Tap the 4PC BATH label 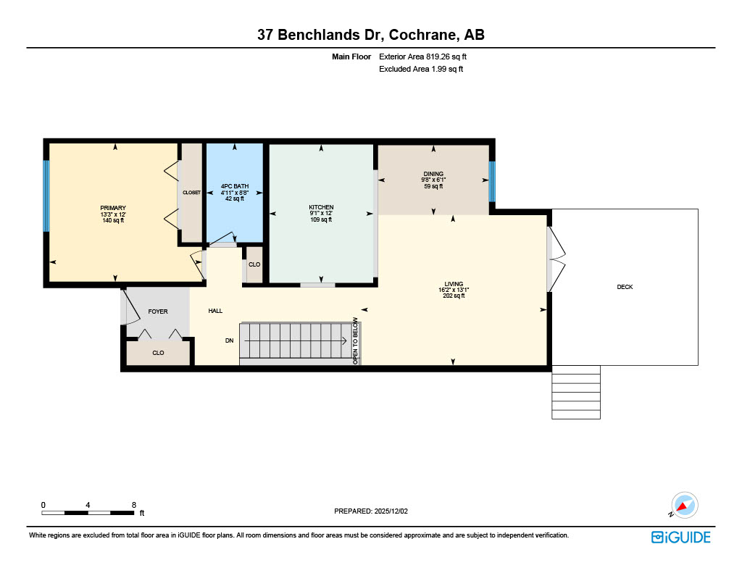pos(234,186)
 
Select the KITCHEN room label pos(320,207)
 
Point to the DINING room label pos(433,174)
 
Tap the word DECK pos(625,288)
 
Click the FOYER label pos(158,311)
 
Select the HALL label pos(215,311)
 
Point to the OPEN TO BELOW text pos(355,340)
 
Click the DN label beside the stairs pos(229,340)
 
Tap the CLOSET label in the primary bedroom pos(191,193)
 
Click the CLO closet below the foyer pos(158,353)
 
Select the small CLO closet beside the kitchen pos(254,264)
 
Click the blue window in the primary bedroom pos(46,196)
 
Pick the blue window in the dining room pos(491,182)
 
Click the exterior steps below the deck pos(576,392)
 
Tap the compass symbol pos(683,505)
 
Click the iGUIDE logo pos(680,537)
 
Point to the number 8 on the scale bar pos(134,504)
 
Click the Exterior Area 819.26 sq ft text pos(428,57)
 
